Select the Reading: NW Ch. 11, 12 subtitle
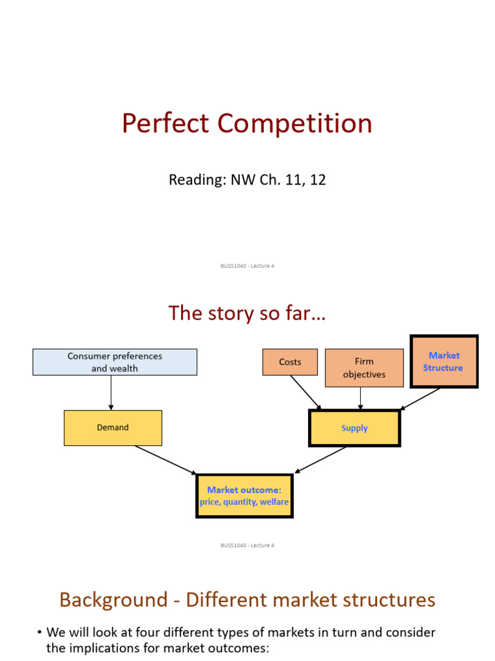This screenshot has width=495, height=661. click(x=247, y=179)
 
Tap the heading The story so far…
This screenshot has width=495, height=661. click(x=247, y=313)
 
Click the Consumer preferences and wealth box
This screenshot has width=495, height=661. click(x=115, y=362)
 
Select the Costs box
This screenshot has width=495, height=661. click(x=290, y=362)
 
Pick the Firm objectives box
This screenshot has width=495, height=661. click(x=364, y=368)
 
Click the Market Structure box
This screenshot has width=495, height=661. click(x=443, y=361)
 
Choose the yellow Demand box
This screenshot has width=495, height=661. click(x=113, y=427)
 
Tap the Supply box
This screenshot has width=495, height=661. click(x=354, y=428)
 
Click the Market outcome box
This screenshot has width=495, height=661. click(x=244, y=496)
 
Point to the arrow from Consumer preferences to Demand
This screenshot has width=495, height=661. click(x=111, y=392)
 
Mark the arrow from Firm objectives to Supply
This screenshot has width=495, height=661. click(x=361, y=398)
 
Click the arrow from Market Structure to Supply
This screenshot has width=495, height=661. click(x=421, y=399)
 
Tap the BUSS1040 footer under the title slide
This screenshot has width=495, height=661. click(x=247, y=266)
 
